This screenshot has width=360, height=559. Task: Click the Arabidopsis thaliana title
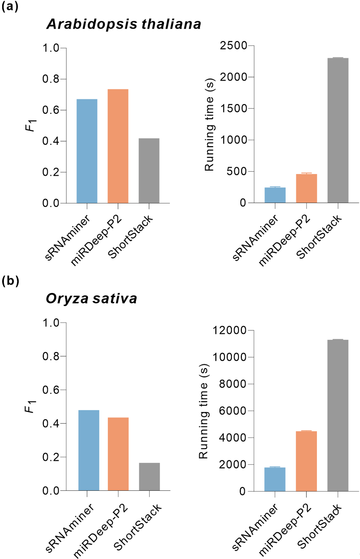click(123, 24)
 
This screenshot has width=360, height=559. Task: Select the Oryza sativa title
click(91, 298)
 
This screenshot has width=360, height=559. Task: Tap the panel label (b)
click(10, 281)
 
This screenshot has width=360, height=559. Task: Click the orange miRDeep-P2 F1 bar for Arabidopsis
click(118, 146)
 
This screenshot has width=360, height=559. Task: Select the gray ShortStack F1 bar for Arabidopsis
click(149, 171)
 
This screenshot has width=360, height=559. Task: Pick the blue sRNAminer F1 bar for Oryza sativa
click(89, 450)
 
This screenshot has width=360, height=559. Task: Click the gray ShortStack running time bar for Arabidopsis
click(338, 130)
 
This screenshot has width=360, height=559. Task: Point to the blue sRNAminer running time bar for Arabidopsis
click(275, 195)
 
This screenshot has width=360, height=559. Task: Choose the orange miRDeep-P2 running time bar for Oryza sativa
click(306, 461)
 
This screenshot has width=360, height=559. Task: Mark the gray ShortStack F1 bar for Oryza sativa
click(149, 476)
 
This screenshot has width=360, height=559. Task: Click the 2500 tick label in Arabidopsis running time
click(234, 46)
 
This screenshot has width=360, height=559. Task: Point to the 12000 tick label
click(229, 330)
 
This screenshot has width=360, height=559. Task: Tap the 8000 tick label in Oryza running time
click(233, 384)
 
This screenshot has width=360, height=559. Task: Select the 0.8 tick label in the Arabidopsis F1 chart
click(51, 79)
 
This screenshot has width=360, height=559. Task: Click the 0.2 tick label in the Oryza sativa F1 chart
click(51, 457)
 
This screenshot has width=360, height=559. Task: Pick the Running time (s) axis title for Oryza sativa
click(204, 411)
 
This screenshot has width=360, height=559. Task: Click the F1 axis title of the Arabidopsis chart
click(31, 126)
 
